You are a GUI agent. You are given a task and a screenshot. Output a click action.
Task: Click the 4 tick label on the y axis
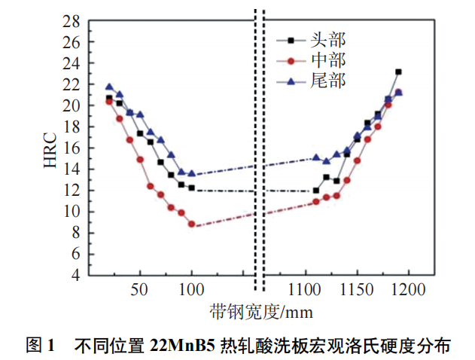[x=76, y=275]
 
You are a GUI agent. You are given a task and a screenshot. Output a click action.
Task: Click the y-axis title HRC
[x=50, y=148]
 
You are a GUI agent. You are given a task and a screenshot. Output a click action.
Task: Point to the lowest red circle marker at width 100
[x=192, y=224]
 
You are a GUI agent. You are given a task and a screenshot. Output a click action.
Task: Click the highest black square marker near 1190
[x=398, y=72]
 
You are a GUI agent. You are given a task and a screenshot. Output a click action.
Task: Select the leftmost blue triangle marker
[x=109, y=87]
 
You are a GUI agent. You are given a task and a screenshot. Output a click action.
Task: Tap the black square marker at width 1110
[x=316, y=191]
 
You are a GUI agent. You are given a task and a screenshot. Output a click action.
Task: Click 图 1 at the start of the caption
[x=41, y=346]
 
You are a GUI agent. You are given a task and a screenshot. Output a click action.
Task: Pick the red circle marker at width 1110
[x=316, y=202]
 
